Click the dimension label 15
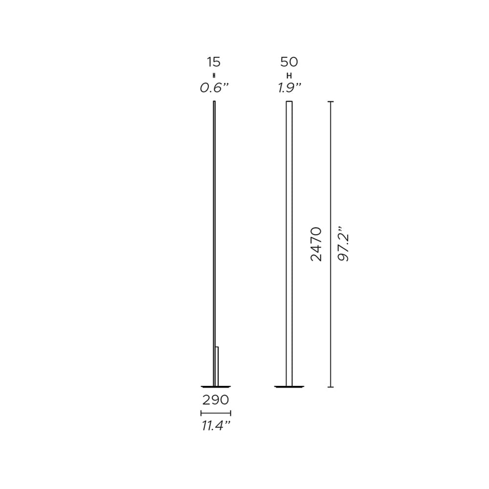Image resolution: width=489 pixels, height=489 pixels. coord(214,63)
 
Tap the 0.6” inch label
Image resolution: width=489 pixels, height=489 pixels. coord(214,88)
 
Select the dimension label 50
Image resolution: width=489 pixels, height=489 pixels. coord(289,63)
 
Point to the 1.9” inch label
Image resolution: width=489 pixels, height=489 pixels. coord(289,88)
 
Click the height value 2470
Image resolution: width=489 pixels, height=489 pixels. coord(317,244)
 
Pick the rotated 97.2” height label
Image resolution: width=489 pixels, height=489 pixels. coord(344,244)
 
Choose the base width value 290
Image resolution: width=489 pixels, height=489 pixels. coord(216,400)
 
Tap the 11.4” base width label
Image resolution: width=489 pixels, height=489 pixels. coord(216,426)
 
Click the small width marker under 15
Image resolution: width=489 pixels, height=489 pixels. coord(214,75)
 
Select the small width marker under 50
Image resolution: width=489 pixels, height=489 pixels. coord(289,75)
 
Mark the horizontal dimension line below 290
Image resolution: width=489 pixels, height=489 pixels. coord(216,413)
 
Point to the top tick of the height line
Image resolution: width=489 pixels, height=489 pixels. coord(331,102)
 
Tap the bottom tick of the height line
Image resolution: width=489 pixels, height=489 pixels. coord(331,387)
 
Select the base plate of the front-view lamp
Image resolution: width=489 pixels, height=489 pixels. coord(289,387)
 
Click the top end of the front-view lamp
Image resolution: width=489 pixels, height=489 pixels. coord(289,102)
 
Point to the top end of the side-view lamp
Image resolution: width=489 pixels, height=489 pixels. coord(214,102)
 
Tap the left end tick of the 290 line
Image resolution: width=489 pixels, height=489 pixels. coord(201,413)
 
